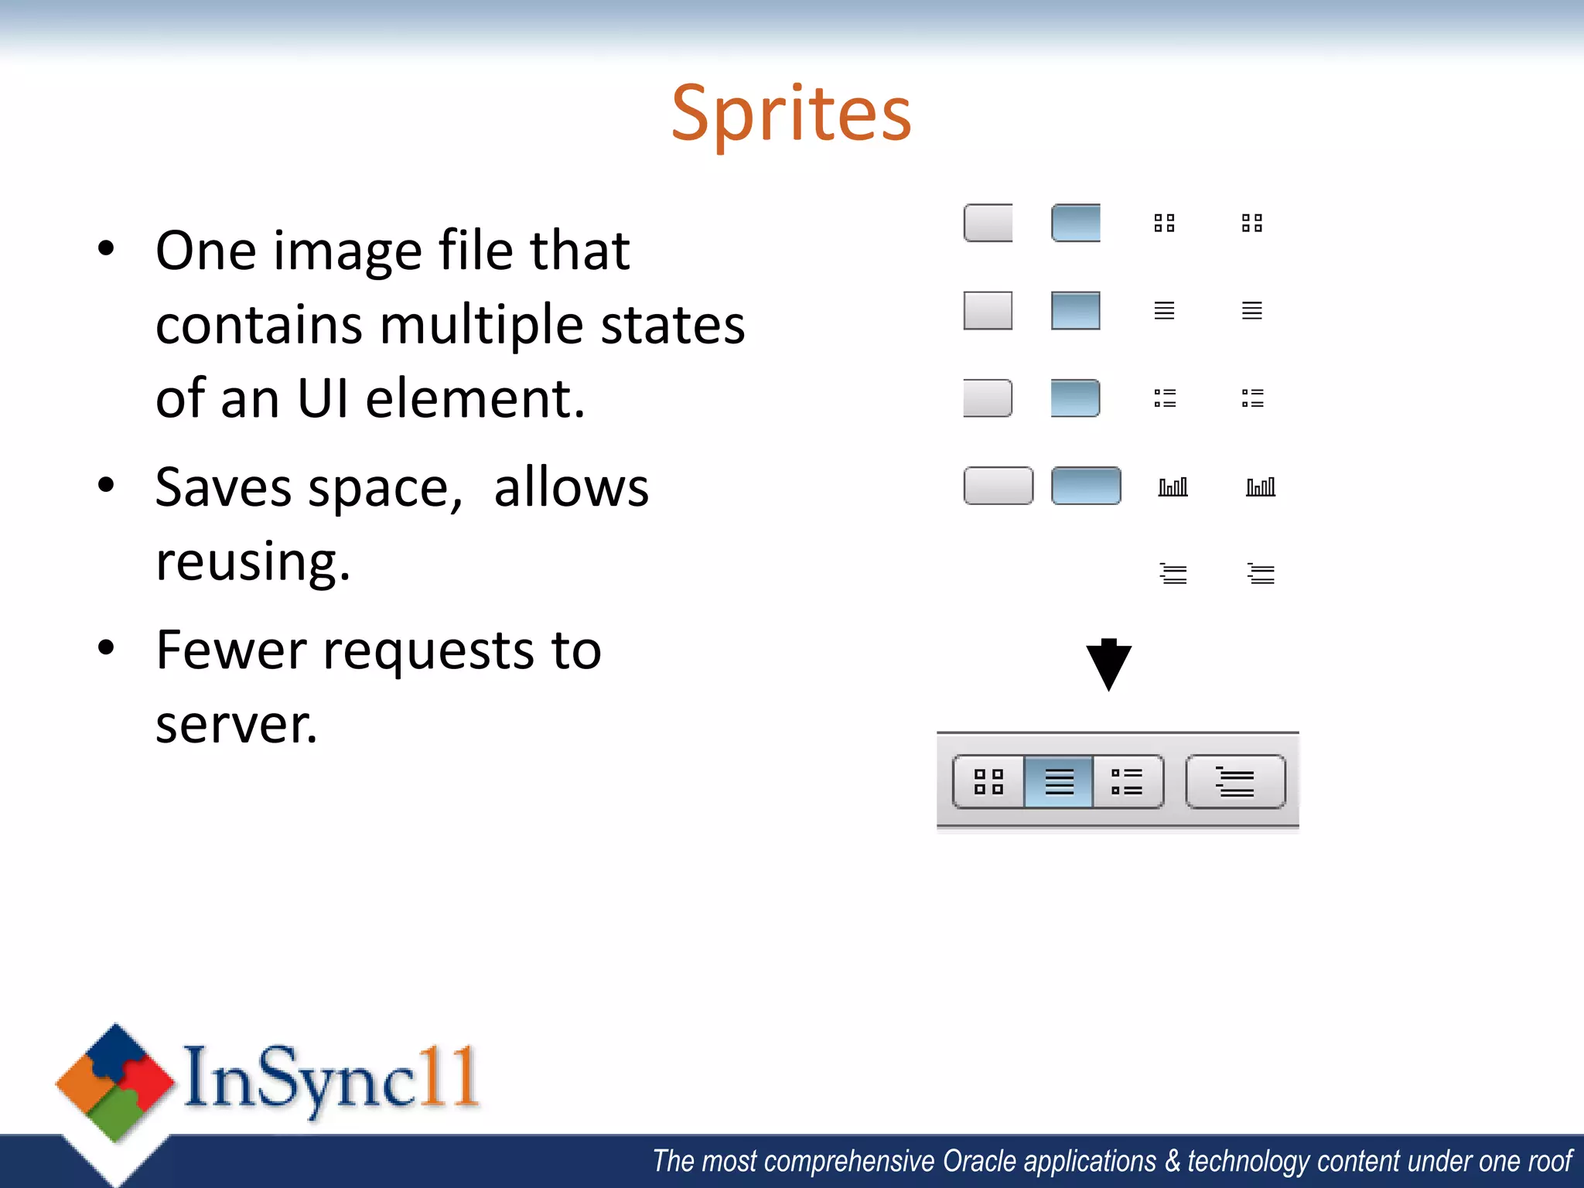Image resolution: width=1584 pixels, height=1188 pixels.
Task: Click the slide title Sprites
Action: (x=791, y=114)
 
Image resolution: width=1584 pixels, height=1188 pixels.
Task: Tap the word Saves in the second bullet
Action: (x=224, y=488)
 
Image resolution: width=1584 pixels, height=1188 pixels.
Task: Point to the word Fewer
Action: (x=230, y=650)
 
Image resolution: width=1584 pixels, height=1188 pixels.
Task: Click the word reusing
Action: (x=252, y=562)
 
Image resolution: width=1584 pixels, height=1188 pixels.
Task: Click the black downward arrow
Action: (x=1108, y=664)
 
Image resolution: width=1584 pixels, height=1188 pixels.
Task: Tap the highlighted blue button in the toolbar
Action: (x=1058, y=782)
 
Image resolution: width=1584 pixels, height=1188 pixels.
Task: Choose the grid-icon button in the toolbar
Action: (x=988, y=782)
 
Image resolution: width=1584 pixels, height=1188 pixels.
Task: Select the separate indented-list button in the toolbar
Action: (x=1235, y=782)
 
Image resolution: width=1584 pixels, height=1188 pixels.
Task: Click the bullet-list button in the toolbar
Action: (x=1127, y=782)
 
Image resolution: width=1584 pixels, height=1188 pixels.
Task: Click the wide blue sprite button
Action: (x=1086, y=486)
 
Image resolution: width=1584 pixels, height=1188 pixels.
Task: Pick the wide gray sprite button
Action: (x=998, y=486)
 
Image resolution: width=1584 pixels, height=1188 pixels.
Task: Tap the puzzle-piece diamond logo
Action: (x=115, y=1083)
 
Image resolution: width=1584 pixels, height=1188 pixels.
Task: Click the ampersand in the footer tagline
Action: (x=1173, y=1162)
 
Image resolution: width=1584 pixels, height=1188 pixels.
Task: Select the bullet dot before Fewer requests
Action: (x=107, y=648)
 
